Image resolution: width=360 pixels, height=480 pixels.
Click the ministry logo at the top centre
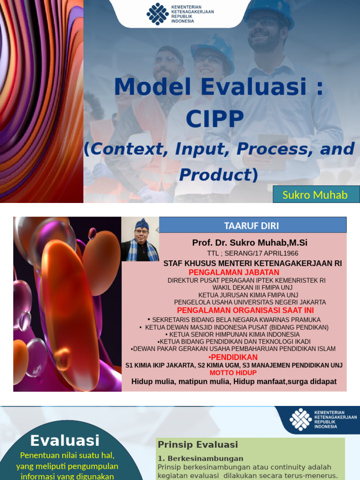[x=157, y=14]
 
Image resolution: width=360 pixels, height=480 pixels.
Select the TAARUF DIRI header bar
[x=253, y=225]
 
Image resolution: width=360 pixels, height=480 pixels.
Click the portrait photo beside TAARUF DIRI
[x=140, y=239]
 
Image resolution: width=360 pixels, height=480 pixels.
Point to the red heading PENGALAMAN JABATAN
[x=234, y=272]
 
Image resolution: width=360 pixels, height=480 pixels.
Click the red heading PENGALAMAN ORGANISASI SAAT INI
[x=245, y=310]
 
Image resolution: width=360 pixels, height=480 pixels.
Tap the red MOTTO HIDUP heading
[x=233, y=373]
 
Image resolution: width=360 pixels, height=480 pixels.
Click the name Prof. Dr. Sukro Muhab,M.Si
[x=249, y=243]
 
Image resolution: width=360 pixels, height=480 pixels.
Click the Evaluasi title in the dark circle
[x=65, y=440]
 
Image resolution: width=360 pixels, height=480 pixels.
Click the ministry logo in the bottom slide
[x=300, y=419]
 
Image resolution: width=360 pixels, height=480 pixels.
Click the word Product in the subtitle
[x=215, y=175]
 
